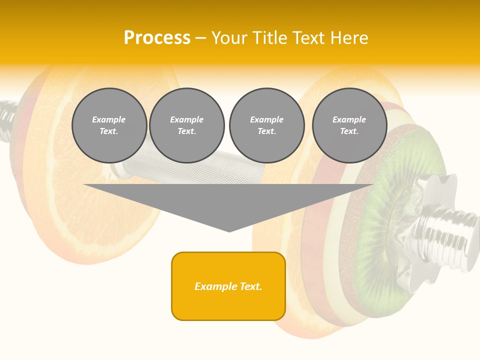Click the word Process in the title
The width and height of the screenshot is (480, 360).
click(x=157, y=38)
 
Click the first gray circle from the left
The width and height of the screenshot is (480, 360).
click(x=109, y=125)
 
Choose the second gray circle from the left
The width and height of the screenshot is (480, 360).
click(x=187, y=125)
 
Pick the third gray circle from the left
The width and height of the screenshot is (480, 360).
click(x=267, y=125)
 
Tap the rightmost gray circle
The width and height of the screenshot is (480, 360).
click(x=349, y=125)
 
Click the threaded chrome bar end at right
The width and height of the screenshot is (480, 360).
click(x=457, y=235)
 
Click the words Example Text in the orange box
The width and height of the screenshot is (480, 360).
click(x=228, y=286)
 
